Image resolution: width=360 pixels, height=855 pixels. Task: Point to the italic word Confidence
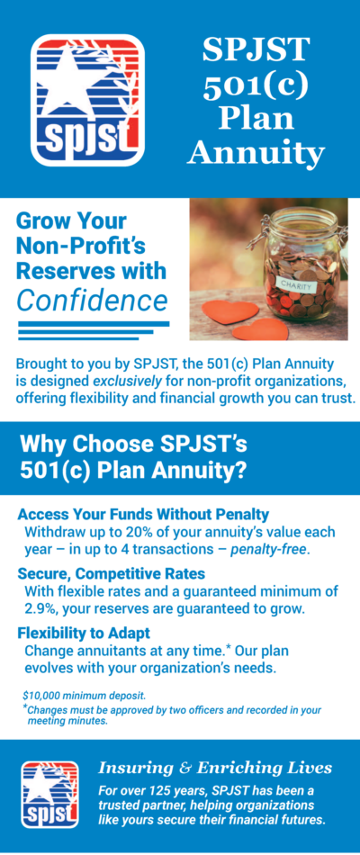coord(93,300)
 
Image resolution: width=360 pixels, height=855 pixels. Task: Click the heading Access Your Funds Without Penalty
coord(143,515)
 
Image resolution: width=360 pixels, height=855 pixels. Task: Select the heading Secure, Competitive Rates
coord(110,573)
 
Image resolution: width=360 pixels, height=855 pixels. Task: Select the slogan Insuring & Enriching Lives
coord(215,768)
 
